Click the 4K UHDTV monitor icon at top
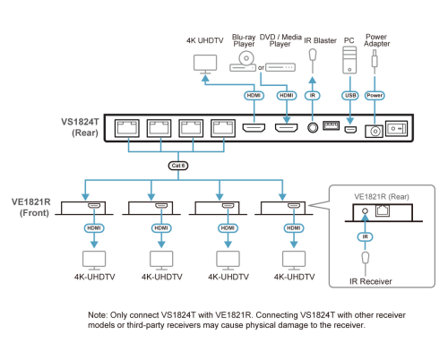(205, 64)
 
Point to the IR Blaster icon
(312, 61)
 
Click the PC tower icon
(349, 61)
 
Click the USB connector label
(349, 95)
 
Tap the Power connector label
(375, 95)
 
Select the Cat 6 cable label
(178, 166)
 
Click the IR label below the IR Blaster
(312, 95)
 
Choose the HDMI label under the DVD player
(286, 95)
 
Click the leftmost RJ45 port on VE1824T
(128, 127)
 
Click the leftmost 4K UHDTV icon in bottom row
(93, 260)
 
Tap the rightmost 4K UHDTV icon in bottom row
(294, 260)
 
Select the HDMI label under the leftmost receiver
(93, 228)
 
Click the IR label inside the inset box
(365, 236)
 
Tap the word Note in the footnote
(97, 315)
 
